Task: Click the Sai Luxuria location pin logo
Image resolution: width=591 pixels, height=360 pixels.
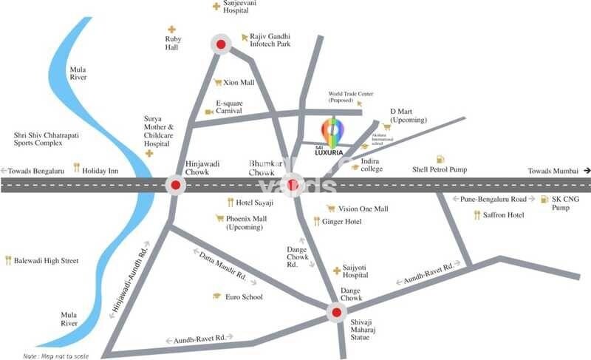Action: [x=332, y=132]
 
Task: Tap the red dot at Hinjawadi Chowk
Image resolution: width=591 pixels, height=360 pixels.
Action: [x=175, y=185]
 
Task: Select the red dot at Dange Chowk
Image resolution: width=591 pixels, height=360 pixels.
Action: [x=336, y=313]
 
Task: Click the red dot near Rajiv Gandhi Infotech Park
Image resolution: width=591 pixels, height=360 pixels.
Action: [x=220, y=45]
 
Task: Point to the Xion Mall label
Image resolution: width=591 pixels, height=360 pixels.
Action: [x=239, y=83]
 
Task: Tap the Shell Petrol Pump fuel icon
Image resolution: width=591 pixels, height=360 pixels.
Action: [x=440, y=160]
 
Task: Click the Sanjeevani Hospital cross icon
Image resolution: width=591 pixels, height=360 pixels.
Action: [x=216, y=7]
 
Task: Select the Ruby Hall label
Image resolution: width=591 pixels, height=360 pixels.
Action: [x=172, y=42]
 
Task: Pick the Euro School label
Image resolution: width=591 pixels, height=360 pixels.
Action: [x=244, y=296]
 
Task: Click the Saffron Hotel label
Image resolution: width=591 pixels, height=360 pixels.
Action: [x=504, y=215]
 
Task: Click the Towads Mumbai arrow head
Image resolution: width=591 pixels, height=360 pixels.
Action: [x=587, y=171]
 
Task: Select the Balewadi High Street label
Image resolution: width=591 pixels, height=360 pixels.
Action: [x=47, y=260]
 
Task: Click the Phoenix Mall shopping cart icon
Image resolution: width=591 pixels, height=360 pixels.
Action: [x=219, y=218]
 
